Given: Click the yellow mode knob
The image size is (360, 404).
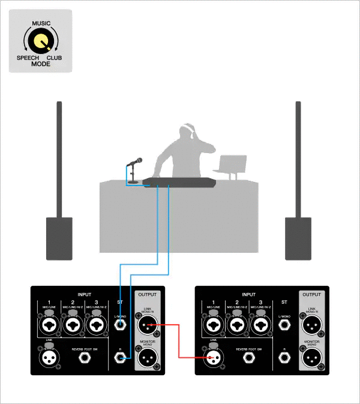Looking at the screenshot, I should click(x=40, y=41).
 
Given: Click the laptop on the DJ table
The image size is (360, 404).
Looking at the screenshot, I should click(x=232, y=166).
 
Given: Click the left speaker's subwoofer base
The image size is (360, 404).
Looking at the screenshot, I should click(x=59, y=238).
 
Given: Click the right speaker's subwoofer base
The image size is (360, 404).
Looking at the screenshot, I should click(x=298, y=238).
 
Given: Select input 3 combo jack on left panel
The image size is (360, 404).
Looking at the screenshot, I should click(x=94, y=326).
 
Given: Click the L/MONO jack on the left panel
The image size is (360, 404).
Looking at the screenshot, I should click(x=121, y=326).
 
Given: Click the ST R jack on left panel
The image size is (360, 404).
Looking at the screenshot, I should click(x=121, y=358).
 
